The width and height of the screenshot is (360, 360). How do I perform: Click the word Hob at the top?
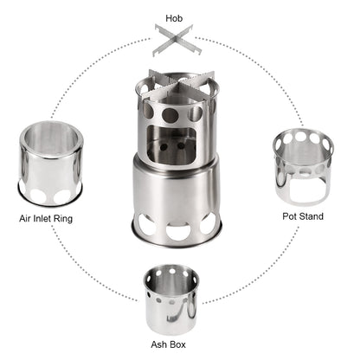(x=180, y=16)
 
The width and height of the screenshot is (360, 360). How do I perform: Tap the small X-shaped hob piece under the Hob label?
(x=180, y=41)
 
